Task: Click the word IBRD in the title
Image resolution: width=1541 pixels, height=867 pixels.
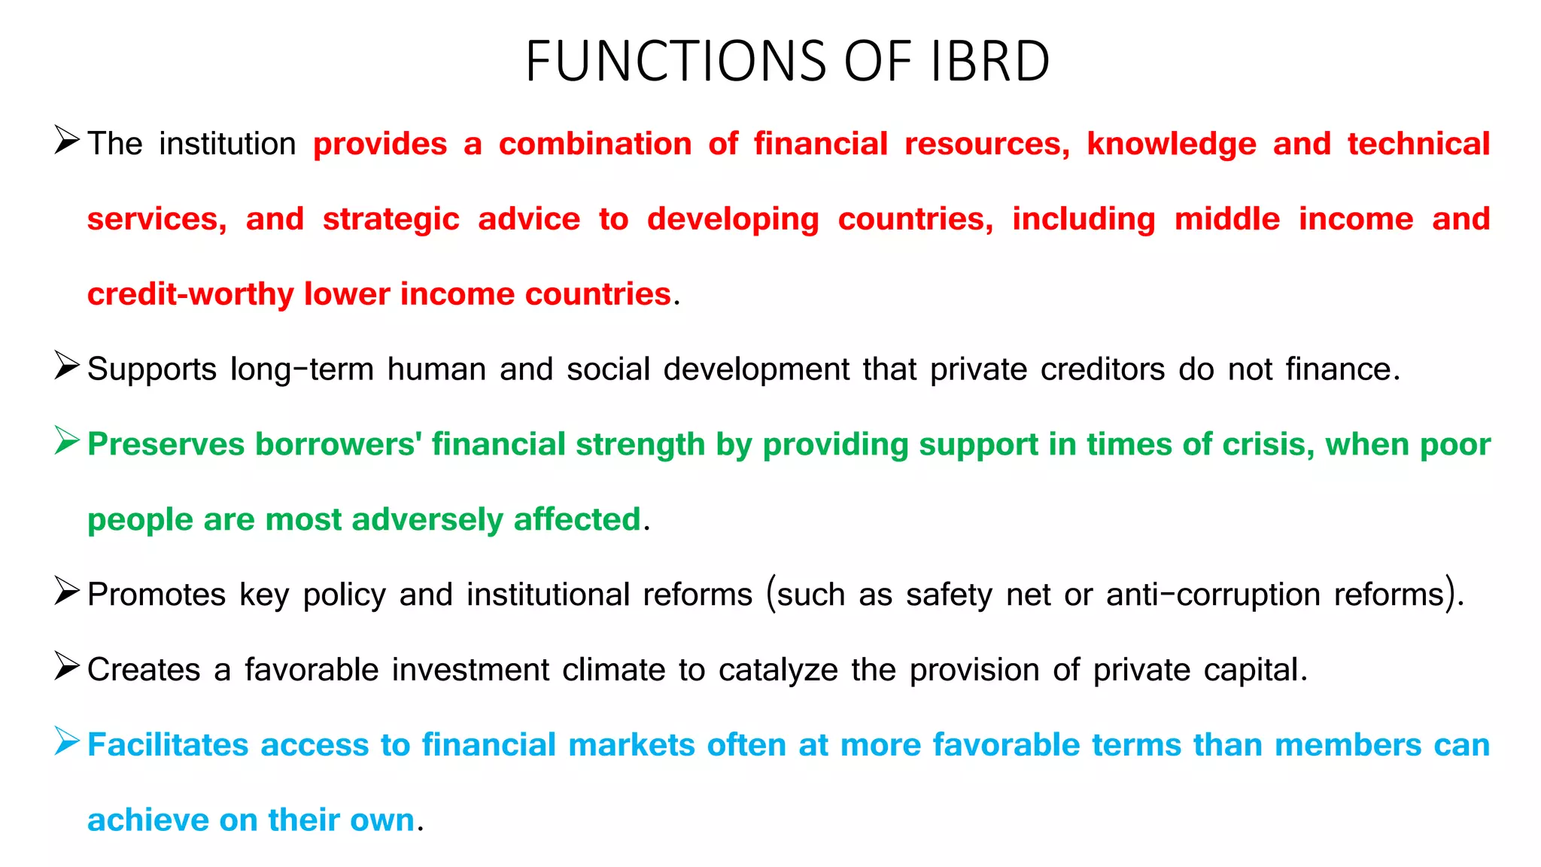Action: [x=989, y=61]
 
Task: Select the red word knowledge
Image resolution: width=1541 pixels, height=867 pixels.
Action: [x=1172, y=144]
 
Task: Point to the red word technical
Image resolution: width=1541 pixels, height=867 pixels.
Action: [x=1418, y=144]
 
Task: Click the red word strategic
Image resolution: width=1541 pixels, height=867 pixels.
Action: [x=391, y=219]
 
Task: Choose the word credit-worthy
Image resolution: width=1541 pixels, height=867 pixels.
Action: [x=190, y=294]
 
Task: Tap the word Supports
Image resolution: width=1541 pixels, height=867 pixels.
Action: [x=152, y=370]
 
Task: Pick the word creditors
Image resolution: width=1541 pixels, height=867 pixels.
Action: [x=1102, y=370]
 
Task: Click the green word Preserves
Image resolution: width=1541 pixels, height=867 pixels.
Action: [x=166, y=444]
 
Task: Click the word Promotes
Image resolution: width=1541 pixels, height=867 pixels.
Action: [x=157, y=595]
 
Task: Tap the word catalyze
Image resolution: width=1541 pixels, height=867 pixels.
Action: [x=778, y=670]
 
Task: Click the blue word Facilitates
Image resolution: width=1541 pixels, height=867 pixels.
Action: [x=168, y=745]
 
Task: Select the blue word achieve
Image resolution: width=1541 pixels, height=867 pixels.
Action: [x=147, y=820]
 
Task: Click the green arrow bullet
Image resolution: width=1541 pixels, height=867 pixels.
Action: [x=67, y=441]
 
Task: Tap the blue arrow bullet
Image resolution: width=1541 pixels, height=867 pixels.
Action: [x=67, y=742]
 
